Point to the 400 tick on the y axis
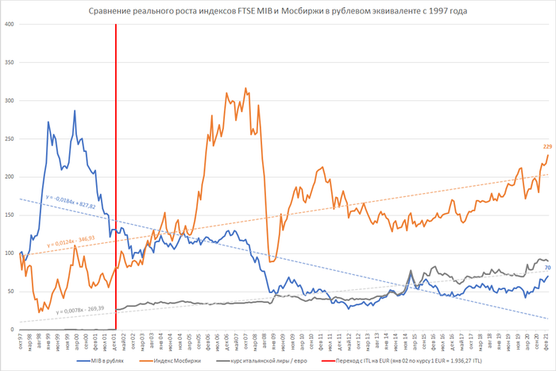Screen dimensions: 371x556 pyautogui.click(x=10, y=24)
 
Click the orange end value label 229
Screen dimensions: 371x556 pyautogui.click(x=547, y=146)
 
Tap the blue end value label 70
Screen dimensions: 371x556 pyautogui.click(x=547, y=268)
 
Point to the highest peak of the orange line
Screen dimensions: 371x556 pyautogui.click(x=245, y=88)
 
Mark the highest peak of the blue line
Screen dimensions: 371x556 pyautogui.click(x=75, y=111)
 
